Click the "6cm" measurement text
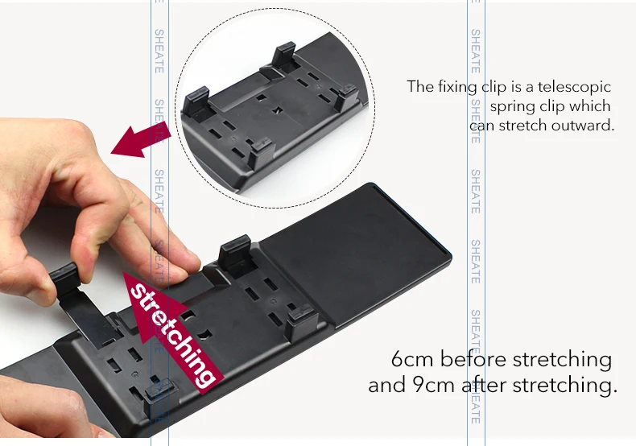412,359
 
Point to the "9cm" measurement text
434,385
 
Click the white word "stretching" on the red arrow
172,335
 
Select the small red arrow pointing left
140,139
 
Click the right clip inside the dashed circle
346,95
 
